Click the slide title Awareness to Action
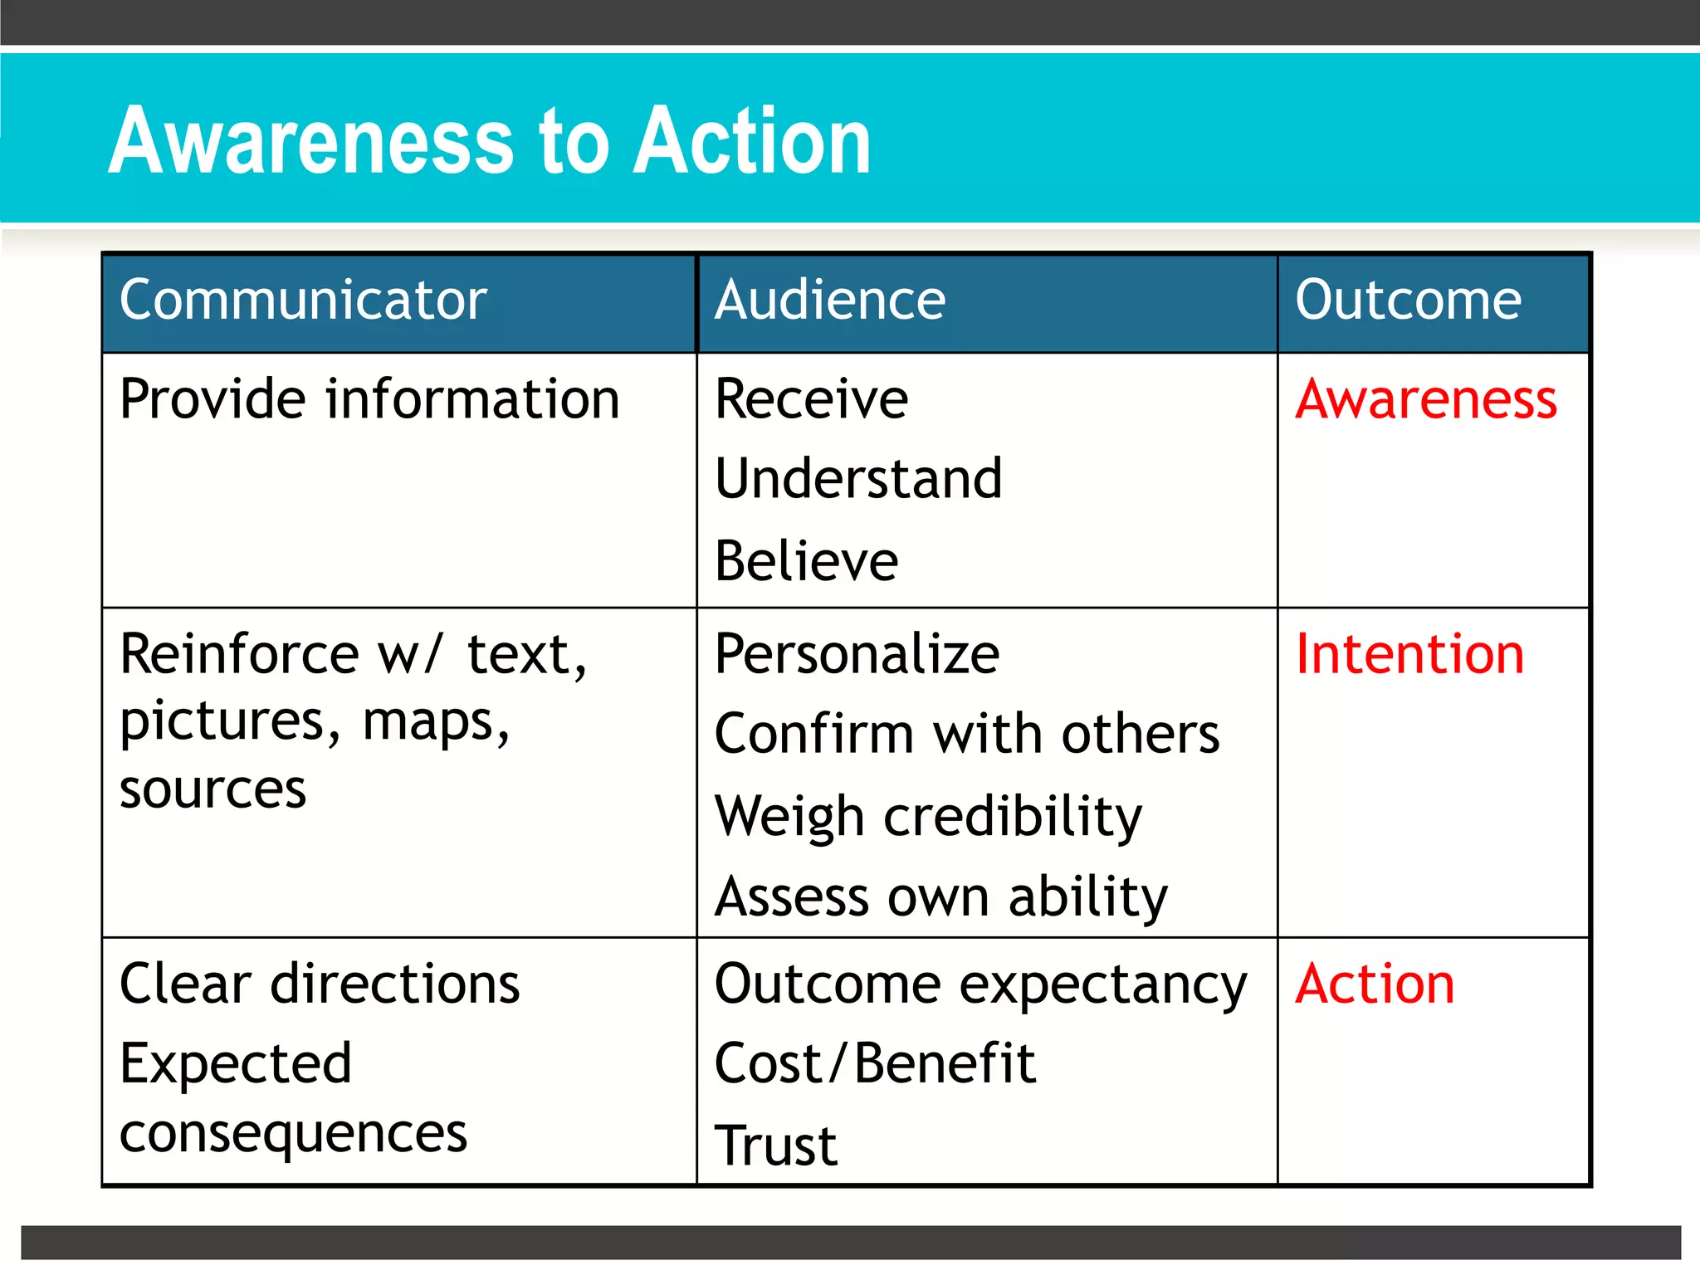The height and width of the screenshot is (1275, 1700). [x=490, y=141]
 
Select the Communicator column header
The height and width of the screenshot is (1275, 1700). [x=303, y=300]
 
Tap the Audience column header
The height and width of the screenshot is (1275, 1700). [x=830, y=300]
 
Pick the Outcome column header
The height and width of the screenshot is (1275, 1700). [x=1408, y=300]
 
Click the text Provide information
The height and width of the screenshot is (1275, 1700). [x=369, y=399]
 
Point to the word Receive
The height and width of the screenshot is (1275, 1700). [x=811, y=399]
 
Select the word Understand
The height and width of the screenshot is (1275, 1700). [x=858, y=479]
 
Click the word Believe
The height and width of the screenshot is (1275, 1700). [x=806, y=561]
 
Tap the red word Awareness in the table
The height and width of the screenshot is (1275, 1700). [x=1425, y=399]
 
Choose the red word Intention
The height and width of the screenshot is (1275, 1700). [x=1409, y=654]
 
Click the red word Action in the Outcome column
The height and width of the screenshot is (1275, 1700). [x=1375, y=984]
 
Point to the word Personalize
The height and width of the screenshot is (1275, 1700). [x=857, y=654]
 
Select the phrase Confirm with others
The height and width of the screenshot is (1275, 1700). [x=967, y=735]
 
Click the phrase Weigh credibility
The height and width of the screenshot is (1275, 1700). [x=928, y=817]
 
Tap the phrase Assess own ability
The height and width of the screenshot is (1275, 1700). [x=940, y=897]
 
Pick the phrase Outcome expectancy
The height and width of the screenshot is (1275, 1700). [x=980, y=985]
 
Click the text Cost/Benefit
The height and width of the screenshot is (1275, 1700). [x=875, y=1064]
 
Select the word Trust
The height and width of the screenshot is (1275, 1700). [x=776, y=1146]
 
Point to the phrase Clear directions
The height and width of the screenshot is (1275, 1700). [x=320, y=984]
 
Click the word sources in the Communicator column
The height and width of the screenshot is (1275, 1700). [x=212, y=789]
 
